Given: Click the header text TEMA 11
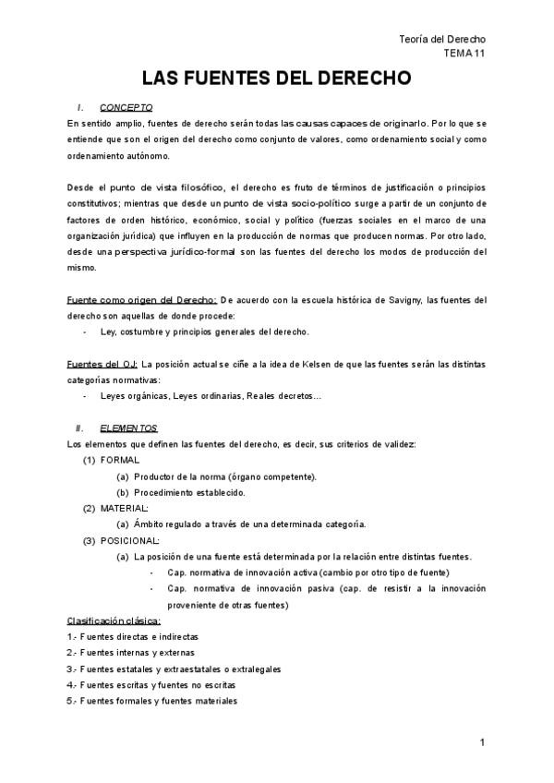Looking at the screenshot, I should click(464, 54).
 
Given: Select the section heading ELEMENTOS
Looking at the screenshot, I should click(128, 428).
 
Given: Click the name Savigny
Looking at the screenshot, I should click(385, 299).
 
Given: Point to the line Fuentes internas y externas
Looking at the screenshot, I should click(130, 652).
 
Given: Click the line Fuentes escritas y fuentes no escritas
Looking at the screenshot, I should click(151, 684).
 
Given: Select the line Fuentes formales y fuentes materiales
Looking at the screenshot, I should click(151, 700).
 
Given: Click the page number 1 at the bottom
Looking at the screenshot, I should click(483, 744).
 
